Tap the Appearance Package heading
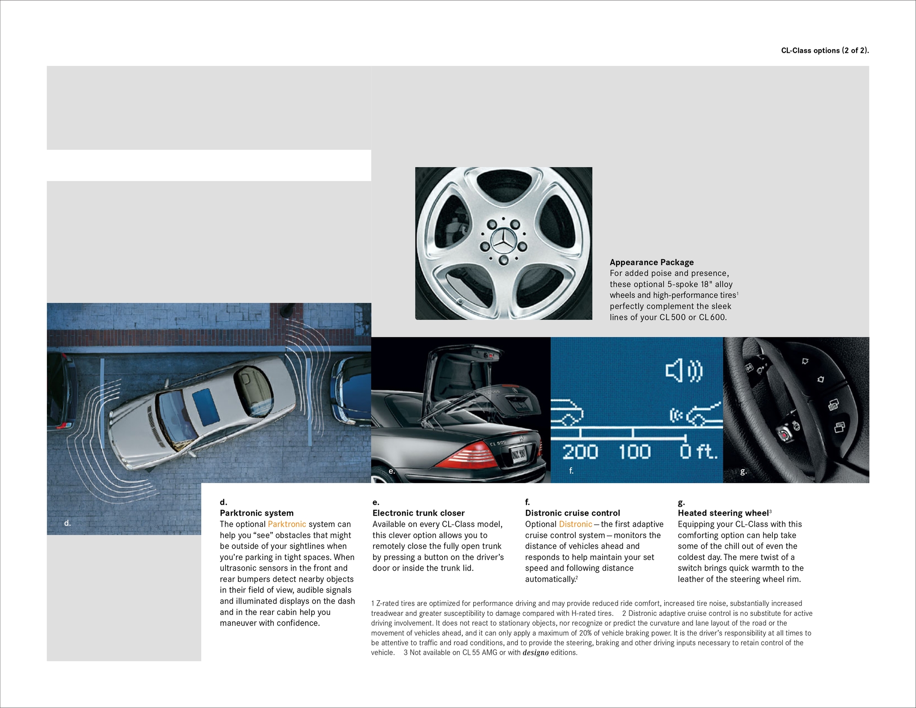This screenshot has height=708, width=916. (652, 262)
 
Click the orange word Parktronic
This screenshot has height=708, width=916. (287, 524)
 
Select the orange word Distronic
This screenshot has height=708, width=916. (575, 524)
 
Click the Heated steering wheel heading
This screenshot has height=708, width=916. (723, 513)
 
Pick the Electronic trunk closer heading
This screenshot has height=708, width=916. (418, 513)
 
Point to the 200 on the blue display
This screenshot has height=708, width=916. (580, 452)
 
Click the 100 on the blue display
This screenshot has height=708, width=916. (634, 452)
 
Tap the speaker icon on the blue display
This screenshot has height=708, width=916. (684, 371)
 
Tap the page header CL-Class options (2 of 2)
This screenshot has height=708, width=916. (825, 51)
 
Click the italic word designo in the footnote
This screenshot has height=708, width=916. (535, 653)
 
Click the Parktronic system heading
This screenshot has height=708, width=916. (257, 513)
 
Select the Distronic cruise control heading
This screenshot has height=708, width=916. (572, 513)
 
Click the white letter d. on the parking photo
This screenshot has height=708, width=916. (67, 523)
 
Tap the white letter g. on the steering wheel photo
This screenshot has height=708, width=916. (743, 471)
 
